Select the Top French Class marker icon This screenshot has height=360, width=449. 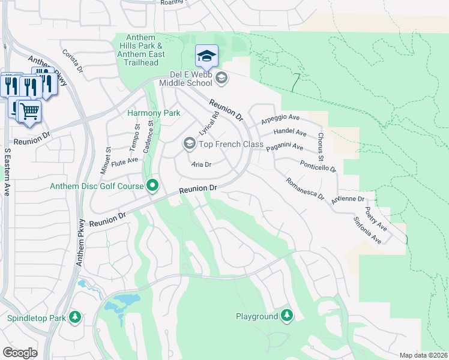click(189, 143)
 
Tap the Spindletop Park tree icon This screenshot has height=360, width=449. click(74, 317)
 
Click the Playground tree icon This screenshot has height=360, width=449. click(287, 316)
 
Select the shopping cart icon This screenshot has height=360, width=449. click(29, 112)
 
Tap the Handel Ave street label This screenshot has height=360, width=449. click(289, 133)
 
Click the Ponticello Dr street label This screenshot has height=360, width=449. click(318, 166)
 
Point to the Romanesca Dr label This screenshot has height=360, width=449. click(304, 188)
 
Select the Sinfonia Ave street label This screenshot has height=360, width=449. click(367, 229)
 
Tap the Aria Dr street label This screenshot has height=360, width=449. click(201, 164)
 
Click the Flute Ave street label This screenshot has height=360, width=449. click(125, 160)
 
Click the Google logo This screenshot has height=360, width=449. click(20, 352)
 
